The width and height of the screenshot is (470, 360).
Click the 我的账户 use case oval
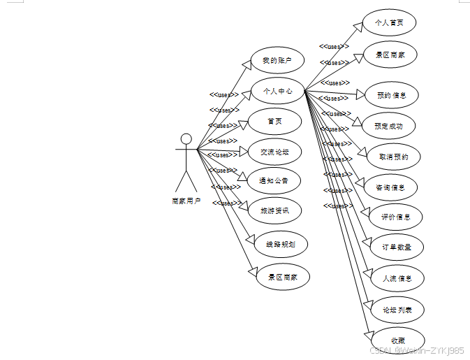click(277, 61)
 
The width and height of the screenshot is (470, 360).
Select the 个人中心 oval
click(277, 91)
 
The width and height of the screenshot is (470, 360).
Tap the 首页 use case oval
click(274, 121)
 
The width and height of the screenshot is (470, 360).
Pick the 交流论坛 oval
click(274, 151)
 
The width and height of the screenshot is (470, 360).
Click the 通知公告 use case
click(274, 180)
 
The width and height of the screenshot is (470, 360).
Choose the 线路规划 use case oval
click(280, 245)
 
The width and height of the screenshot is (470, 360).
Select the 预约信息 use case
click(392, 95)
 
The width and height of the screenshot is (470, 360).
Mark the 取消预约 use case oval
click(394, 157)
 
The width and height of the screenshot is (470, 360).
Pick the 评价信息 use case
click(396, 217)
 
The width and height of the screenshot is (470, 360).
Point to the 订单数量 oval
click(396, 247)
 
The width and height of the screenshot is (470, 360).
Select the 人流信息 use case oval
click(397, 278)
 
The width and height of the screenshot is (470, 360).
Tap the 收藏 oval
click(397, 340)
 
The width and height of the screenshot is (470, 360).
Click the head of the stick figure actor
click(186, 138)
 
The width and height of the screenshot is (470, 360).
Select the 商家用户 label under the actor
click(186, 201)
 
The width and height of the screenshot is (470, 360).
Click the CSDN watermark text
click(416, 350)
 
